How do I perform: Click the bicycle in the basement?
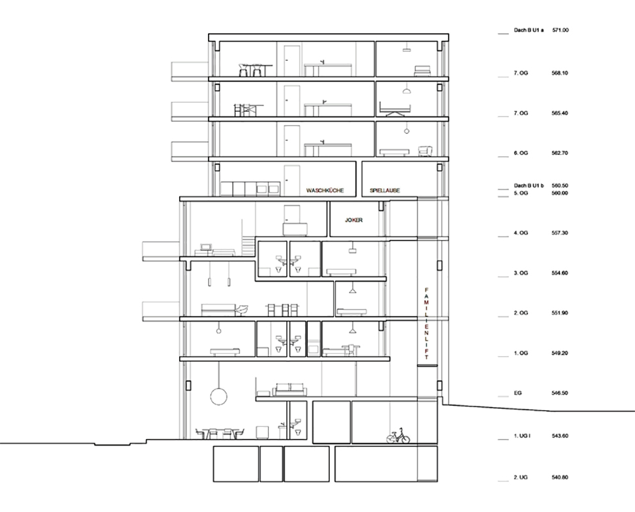pos(398,435)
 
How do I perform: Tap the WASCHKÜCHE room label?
pos(325,190)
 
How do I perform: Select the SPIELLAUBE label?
pos(385,190)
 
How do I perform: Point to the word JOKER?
pos(353,220)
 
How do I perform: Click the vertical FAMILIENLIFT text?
pos(426,324)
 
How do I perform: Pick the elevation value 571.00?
pos(561,30)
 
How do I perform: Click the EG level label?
pos(518,393)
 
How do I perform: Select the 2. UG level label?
pos(521,477)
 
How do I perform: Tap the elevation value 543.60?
pos(559,436)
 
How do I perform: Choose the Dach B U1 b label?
pos(529,186)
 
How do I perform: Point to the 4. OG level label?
pos(521,233)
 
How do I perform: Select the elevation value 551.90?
pos(559,313)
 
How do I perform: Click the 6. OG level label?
pos(521,153)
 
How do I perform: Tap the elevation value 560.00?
pos(559,193)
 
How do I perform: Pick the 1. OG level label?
pos(521,353)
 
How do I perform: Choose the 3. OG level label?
pos(521,273)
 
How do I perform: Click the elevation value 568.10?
pos(559,73)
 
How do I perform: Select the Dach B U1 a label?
pos(529,30)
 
